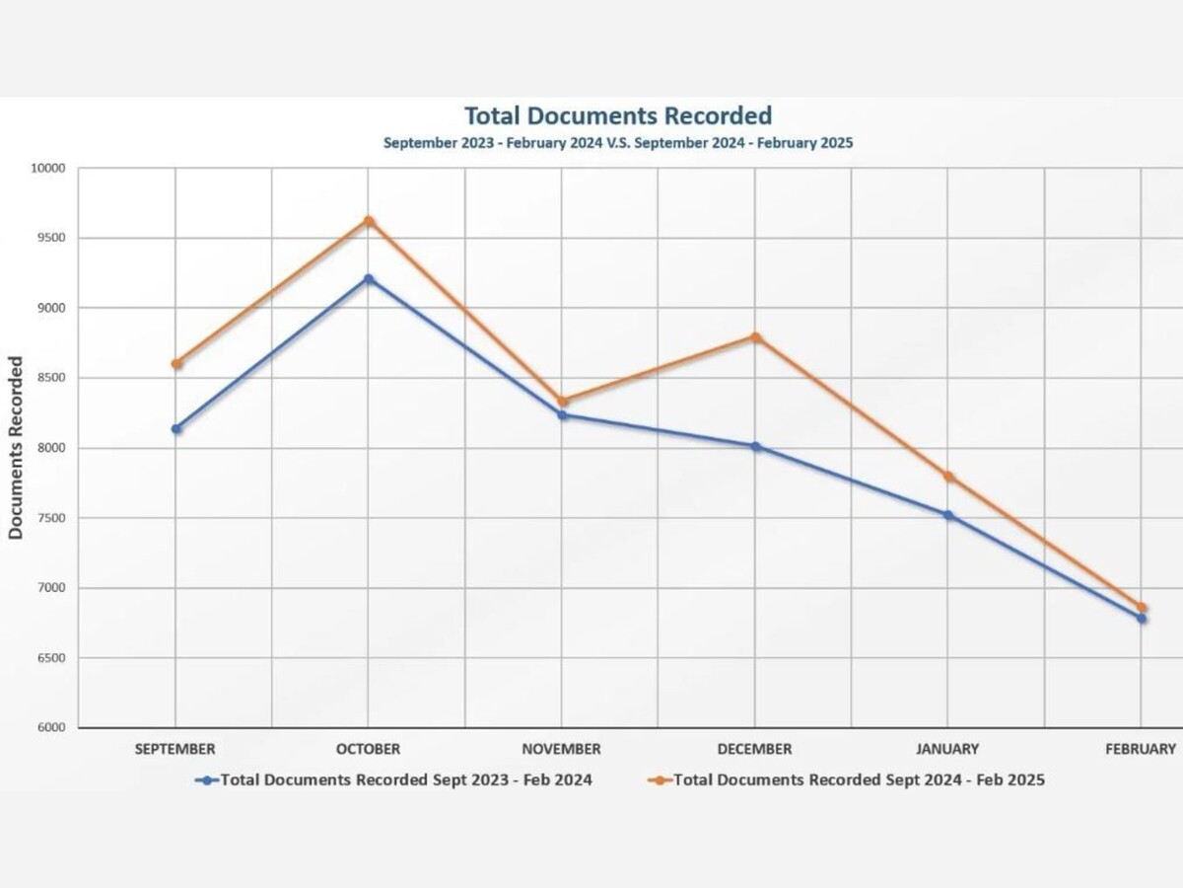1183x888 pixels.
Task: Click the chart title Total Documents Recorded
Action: click(x=618, y=116)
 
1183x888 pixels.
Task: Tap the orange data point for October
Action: click(x=369, y=220)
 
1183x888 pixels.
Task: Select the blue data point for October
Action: click(x=369, y=279)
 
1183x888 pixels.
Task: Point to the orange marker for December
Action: click(x=756, y=336)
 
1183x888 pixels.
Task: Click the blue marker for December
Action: click(x=756, y=446)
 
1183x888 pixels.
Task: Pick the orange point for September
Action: click(x=176, y=364)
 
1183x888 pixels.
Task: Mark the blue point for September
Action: click(x=176, y=428)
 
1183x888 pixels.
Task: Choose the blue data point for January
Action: click(x=948, y=515)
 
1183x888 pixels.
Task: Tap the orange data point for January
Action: click(x=948, y=477)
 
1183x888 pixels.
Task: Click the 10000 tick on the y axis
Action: click(x=47, y=168)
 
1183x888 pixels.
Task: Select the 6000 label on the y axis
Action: click(x=49, y=728)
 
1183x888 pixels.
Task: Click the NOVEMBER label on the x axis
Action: click(x=562, y=750)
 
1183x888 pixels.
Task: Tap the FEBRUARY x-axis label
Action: click(x=1141, y=750)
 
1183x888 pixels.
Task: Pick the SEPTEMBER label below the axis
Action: click(x=175, y=750)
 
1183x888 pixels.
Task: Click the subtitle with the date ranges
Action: click(x=618, y=143)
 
